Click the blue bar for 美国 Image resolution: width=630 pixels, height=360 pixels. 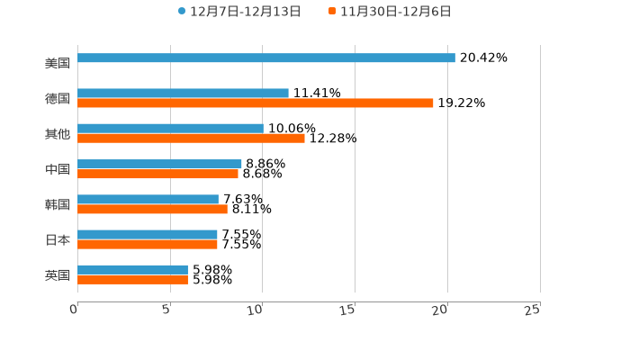coord(266,58)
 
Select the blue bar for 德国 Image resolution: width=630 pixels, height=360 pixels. coord(183,94)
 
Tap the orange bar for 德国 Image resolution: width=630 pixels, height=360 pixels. coord(256,103)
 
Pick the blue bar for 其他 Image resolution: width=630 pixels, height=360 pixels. coord(170,129)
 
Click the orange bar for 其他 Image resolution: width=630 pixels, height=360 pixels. coord(191,139)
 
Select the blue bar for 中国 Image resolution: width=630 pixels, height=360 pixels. coord(159,164)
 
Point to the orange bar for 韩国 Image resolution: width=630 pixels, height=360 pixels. coord(152,209)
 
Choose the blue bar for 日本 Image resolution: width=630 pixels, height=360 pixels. coord(148,235)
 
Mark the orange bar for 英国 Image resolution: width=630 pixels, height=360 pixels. coord(132,279)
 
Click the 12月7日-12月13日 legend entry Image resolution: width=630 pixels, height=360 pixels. coord(239,12)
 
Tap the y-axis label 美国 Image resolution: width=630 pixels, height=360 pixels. coord(58,63)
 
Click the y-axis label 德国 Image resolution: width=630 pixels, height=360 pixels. coord(58,98)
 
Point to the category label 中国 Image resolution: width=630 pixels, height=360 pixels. coord(58,169)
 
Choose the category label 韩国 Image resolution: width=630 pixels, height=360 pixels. coord(58,204)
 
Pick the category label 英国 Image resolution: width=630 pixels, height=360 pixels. coord(58,274)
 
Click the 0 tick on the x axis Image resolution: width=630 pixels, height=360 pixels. coord(75,310)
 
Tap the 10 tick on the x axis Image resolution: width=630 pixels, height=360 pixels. coord(257,310)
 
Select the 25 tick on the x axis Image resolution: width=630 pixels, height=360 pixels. coord(533,310)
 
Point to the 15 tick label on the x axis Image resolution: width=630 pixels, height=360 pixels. coord(350,310)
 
